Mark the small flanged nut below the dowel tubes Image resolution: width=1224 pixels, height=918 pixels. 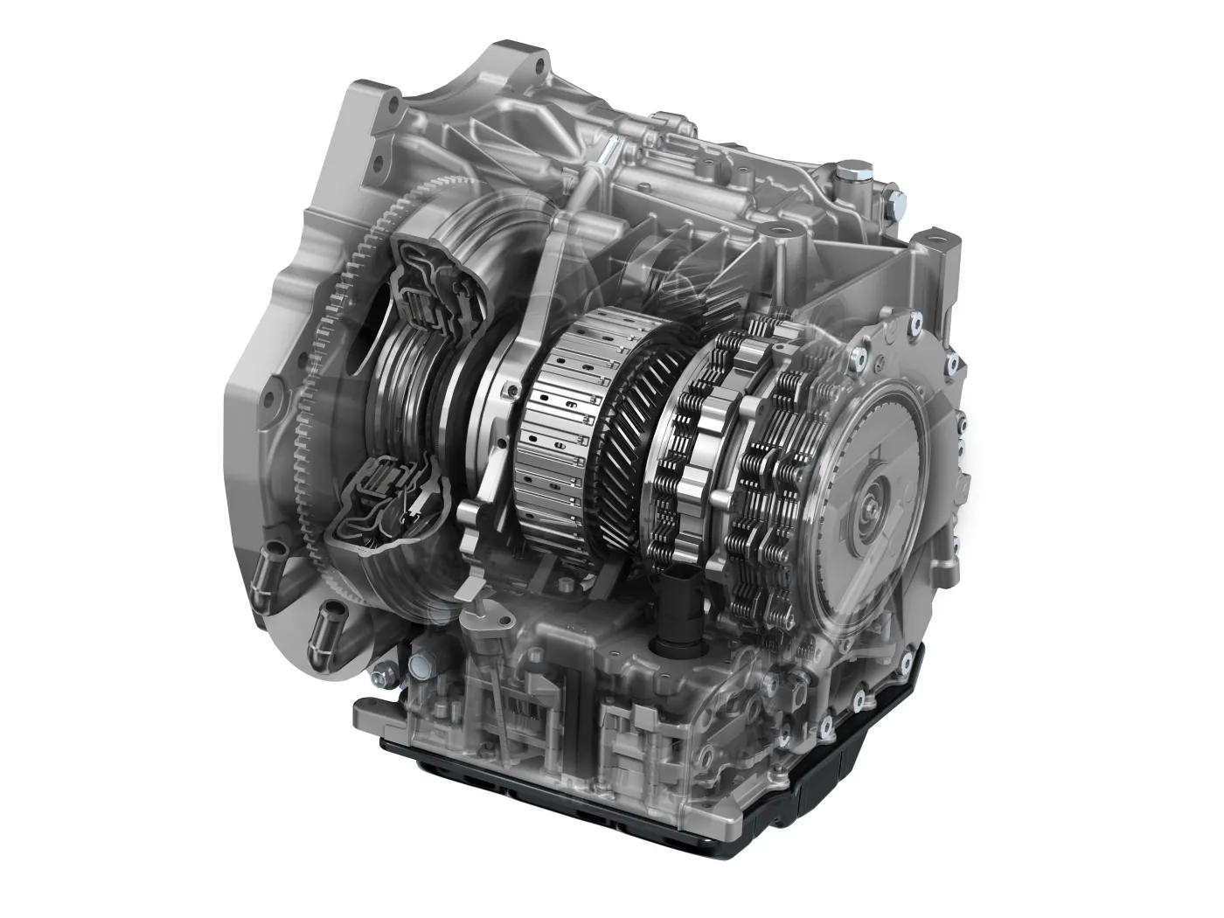[x=378, y=676]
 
